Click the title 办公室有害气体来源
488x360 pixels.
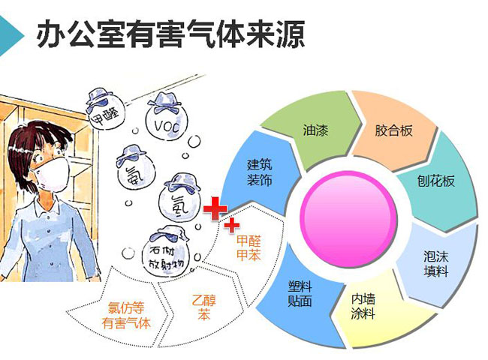[170, 34]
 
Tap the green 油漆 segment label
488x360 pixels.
[315, 130]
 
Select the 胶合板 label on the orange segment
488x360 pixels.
[393, 130]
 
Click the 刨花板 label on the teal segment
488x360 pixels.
[435, 181]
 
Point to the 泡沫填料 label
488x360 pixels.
[435, 264]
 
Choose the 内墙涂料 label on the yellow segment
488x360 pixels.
[363, 306]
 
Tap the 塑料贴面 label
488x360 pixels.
[300, 293]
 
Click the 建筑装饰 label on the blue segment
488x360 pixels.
[260, 172]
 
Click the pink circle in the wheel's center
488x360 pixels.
[348, 220]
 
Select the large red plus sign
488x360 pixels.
[215, 208]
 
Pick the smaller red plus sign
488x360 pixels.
[231, 225]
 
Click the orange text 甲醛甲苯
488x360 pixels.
[249, 247]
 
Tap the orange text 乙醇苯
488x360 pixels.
[204, 307]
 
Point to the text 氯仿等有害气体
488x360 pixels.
[126, 316]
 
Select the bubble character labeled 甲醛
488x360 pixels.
[104, 109]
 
